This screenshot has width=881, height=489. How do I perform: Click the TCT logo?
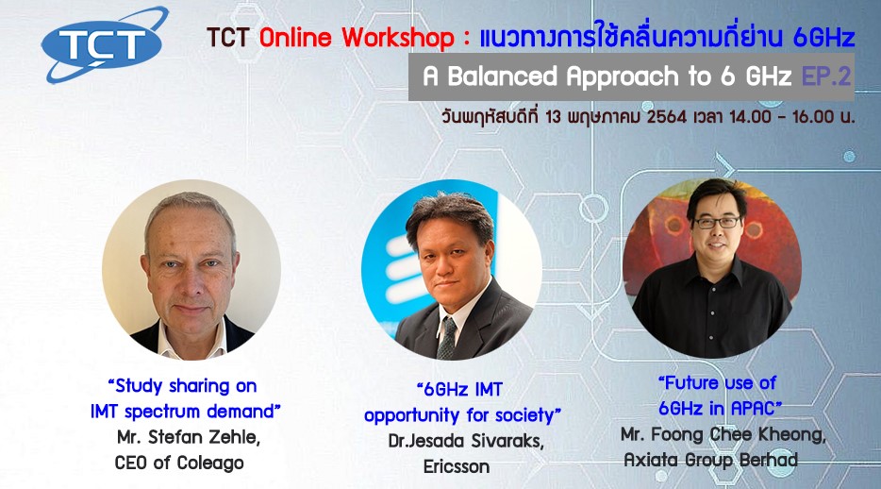105,43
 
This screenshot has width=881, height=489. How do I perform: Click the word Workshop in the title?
398,38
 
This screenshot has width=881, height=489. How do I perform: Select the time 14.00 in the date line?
750,117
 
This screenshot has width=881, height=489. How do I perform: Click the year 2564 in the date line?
666,117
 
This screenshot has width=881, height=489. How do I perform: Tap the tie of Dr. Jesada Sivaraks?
447,338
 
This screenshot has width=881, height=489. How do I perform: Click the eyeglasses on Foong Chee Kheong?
716,223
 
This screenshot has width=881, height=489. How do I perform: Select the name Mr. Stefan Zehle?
189,437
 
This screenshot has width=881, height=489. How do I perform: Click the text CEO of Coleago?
179,464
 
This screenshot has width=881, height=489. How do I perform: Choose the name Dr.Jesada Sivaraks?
466,441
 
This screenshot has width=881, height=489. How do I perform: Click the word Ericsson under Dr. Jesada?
457,466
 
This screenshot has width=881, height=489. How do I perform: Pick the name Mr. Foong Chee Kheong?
723,434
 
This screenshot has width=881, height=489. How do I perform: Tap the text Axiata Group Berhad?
711,460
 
